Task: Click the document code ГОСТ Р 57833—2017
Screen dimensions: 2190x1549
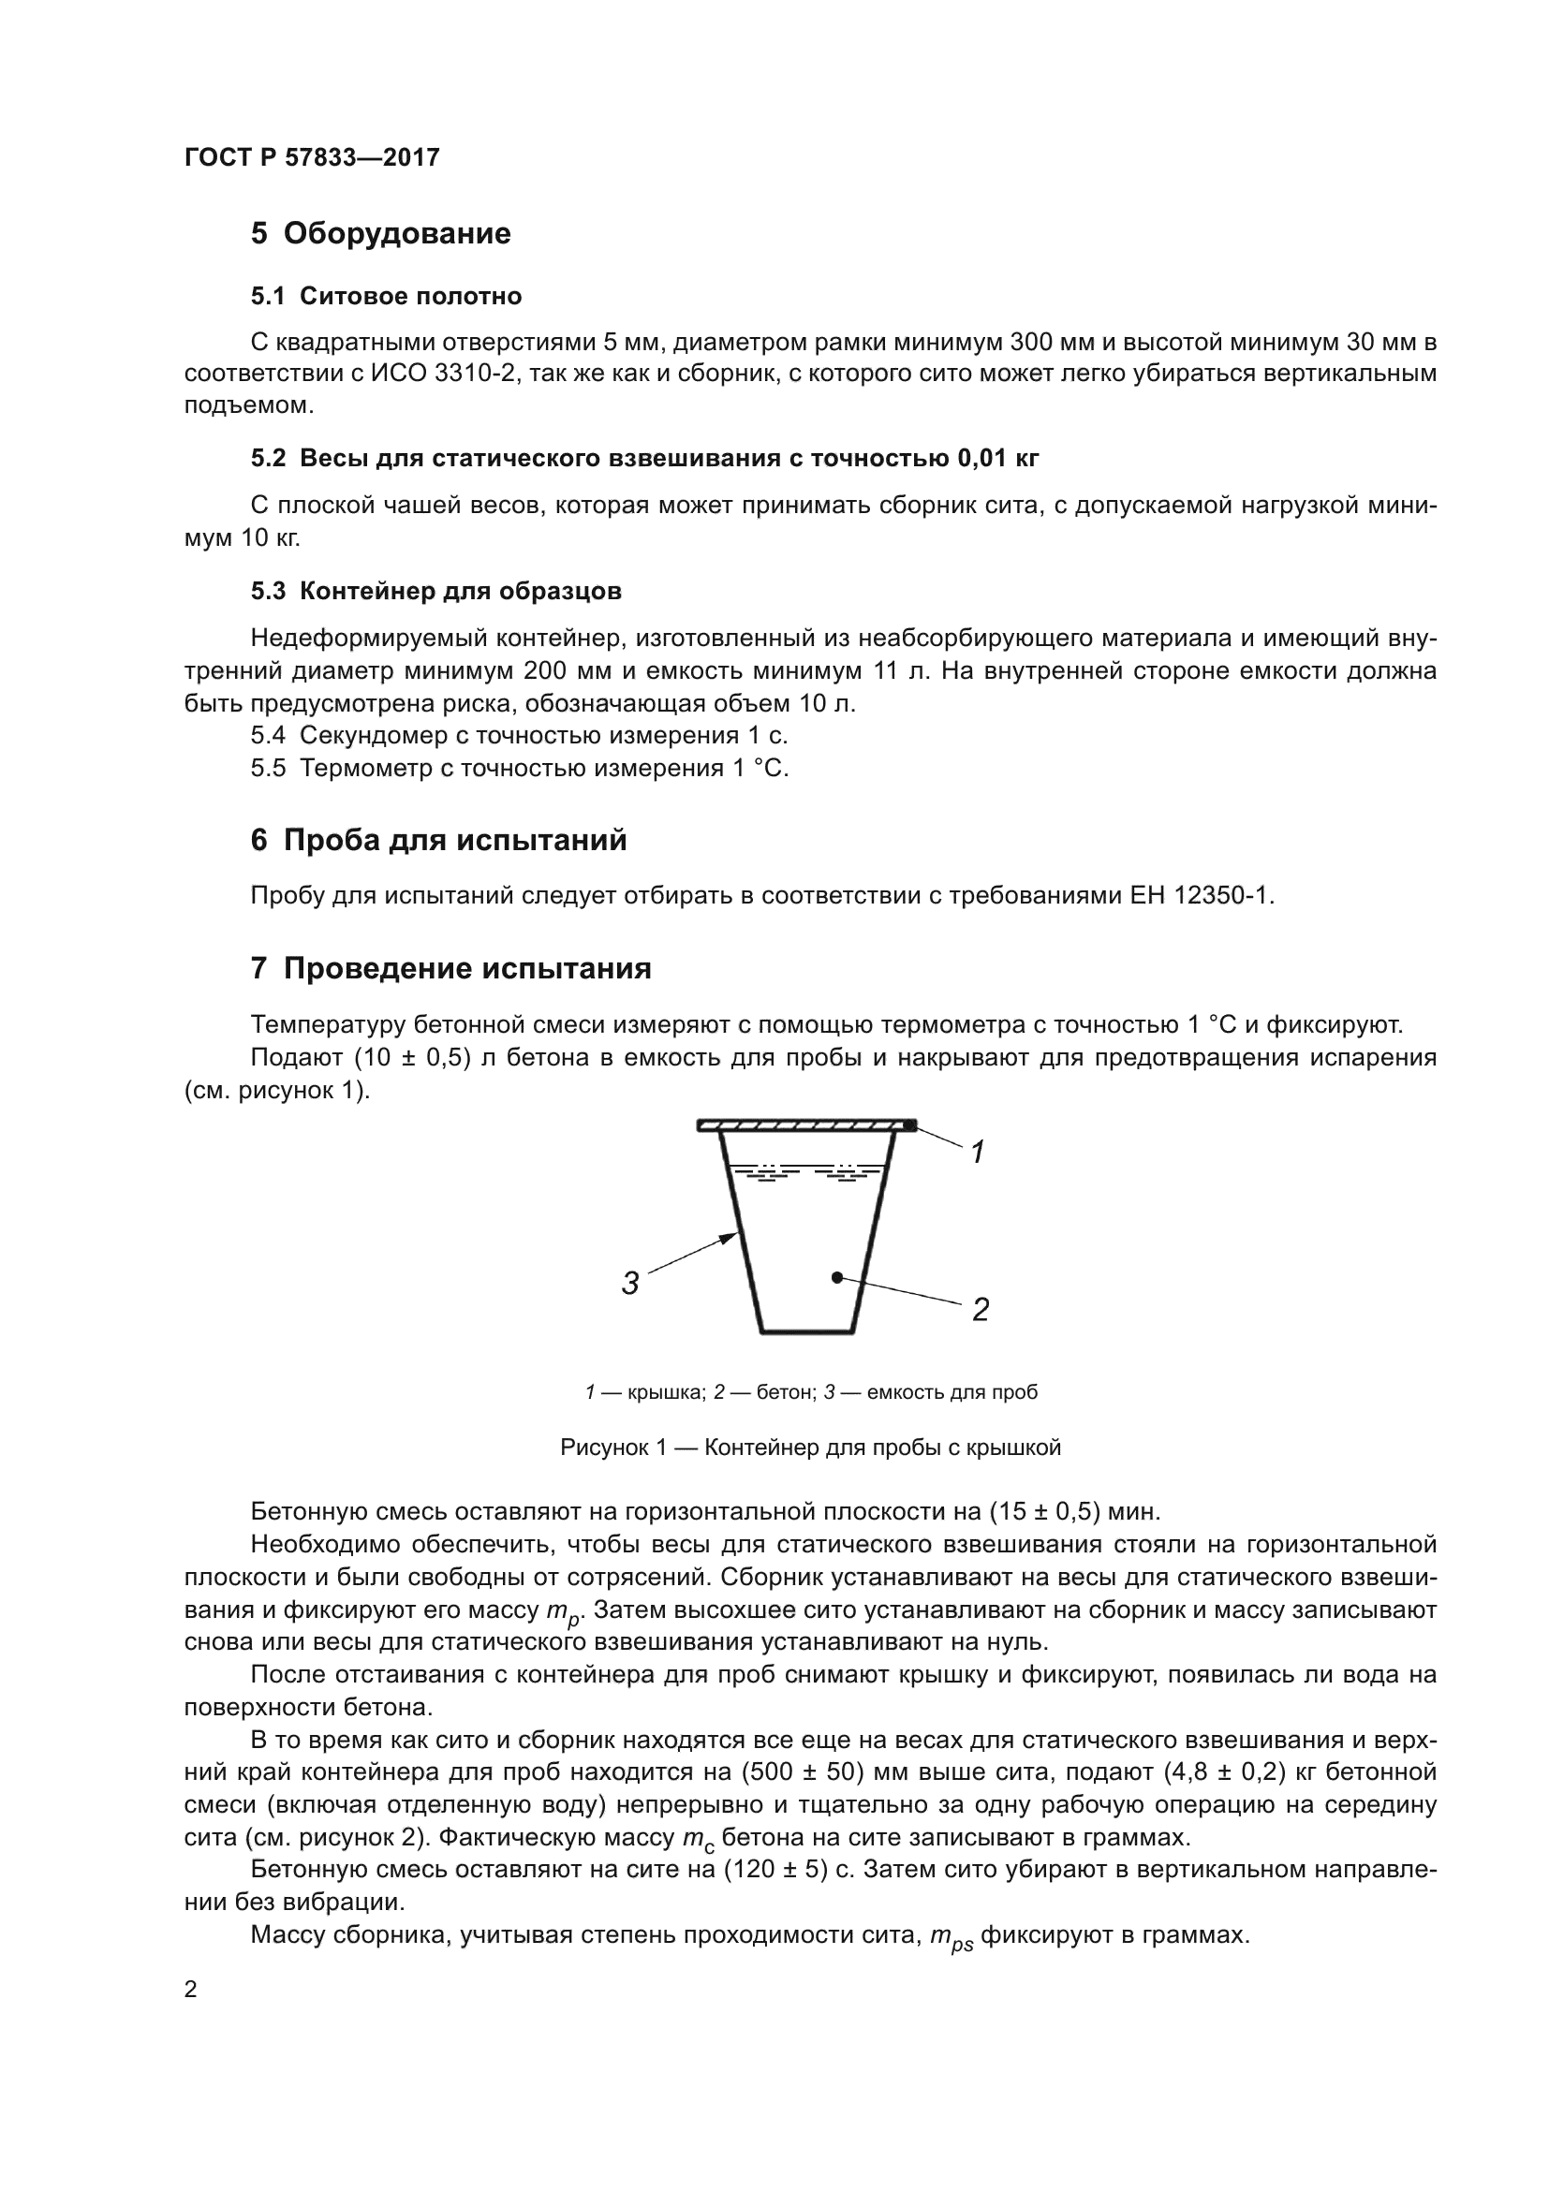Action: coord(312,157)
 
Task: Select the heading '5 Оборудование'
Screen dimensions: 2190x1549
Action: coord(380,234)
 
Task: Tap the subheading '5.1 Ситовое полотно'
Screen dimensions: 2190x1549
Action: coord(386,297)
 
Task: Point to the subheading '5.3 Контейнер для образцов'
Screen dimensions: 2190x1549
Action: coord(435,592)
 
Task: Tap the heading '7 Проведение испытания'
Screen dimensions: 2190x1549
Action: coord(451,969)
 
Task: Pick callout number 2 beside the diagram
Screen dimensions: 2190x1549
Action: coord(981,1310)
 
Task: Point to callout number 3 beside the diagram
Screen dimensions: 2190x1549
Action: coord(629,1284)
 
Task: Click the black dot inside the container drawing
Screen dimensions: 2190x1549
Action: coord(836,1276)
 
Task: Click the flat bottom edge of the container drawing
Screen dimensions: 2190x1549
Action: coord(806,1331)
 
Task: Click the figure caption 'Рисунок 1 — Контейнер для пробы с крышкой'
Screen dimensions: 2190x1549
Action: coord(810,1448)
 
